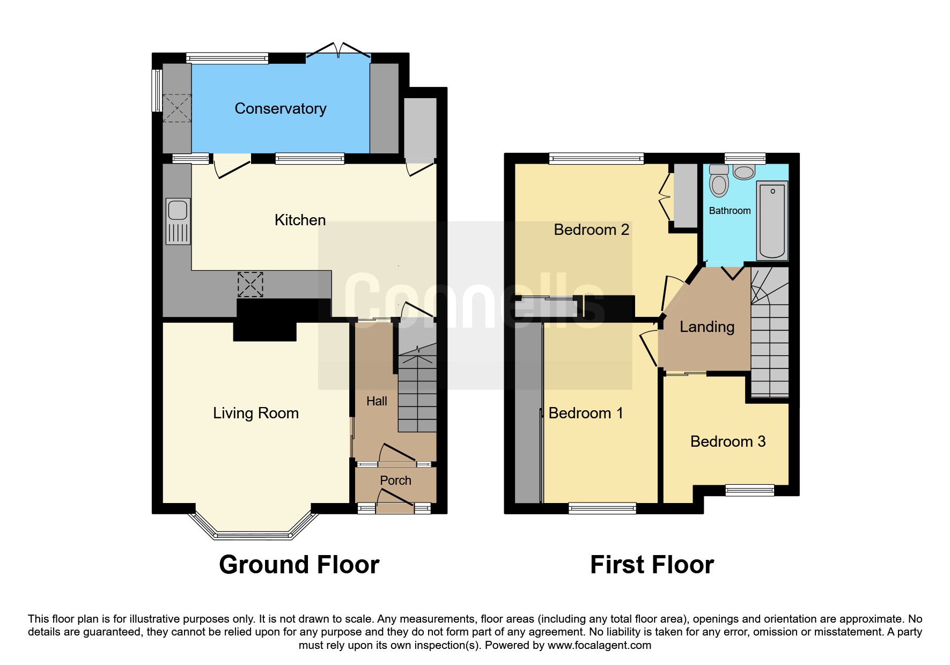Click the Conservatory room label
[x=281, y=109]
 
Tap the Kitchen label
[x=300, y=220]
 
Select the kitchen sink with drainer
[x=178, y=221]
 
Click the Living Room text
[x=256, y=413]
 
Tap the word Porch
[x=396, y=481]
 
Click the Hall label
[x=377, y=401]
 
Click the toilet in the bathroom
[x=719, y=181]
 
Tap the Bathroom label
[x=730, y=211]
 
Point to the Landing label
[x=707, y=327]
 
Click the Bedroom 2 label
[x=592, y=230]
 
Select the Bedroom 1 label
[x=586, y=413]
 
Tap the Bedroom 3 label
[x=728, y=441]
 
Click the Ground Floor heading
[x=299, y=565]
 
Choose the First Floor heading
[x=652, y=565]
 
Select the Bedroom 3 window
[x=750, y=490]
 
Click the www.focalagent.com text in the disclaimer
[x=599, y=645]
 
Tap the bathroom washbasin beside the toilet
[x=744, y=172]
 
